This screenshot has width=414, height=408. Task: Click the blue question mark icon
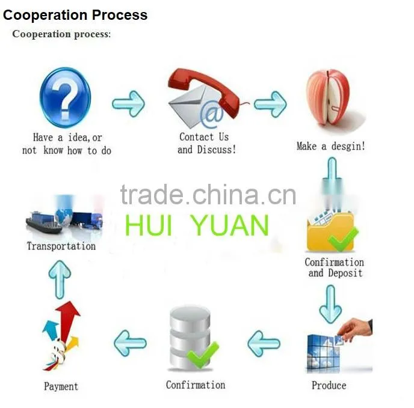pos(65,97)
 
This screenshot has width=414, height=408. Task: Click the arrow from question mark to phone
pos(129,103)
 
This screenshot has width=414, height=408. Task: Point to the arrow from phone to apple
pos(270,104)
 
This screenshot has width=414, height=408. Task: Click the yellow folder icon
pos(330,232)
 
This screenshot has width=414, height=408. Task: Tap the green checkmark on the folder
pos(343,239)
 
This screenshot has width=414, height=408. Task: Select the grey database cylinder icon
pos(190,338)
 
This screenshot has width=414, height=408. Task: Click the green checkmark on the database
pos(203,354)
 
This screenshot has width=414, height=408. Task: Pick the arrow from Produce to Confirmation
pos(264,343)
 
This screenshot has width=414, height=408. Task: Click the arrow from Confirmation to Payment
pos(130,343)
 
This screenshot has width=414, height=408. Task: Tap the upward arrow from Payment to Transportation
pos(60,279)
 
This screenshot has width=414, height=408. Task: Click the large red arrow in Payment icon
pos(67,320)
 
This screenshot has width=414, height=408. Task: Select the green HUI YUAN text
pos(197,225)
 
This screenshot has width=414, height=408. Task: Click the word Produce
pos(329,385)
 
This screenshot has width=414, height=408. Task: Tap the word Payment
pos(61,386)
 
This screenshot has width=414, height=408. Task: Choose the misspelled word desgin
pos(348,147)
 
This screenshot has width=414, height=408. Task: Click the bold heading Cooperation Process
pos(75,15)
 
